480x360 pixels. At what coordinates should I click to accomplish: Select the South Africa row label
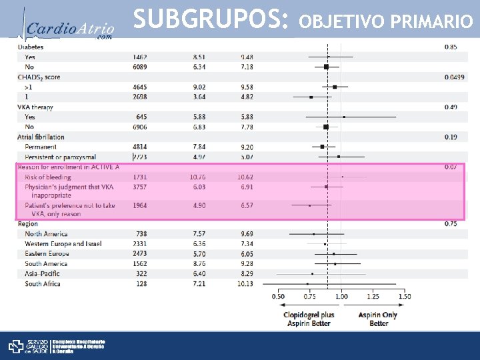click(x=43, y=284)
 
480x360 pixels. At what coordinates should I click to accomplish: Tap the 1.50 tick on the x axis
click(x=404, y=297)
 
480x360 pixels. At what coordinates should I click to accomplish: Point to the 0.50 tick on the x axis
click(x=278, y=297)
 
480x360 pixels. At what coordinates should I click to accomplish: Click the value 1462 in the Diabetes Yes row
click(x=141, y=57)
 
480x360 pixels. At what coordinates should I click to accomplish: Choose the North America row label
click(x=46, y=234)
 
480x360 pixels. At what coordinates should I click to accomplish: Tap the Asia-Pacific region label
click(x=42, y=274)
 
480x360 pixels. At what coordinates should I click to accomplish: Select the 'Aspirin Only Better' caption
click(x=378, y=319)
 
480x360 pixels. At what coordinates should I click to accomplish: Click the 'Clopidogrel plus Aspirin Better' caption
click(x=309, y=319)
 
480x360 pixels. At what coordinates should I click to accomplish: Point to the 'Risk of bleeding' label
click(x=48, y=177)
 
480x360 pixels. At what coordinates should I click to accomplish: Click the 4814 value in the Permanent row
click(x=141, y=147)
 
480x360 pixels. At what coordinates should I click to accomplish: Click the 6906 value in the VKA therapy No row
click(x=141, y=127)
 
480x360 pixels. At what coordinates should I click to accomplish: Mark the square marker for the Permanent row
click(x=322, y=147)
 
